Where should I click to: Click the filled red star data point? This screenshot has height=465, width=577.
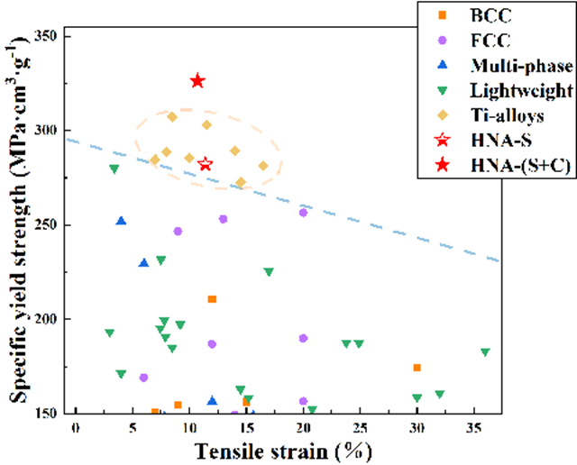(197, 81)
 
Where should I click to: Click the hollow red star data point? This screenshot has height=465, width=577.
(205, 164)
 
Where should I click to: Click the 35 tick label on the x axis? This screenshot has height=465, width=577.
(473, 426)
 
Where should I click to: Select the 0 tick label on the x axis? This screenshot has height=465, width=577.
(76, 426)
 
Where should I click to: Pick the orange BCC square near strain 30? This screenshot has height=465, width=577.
(417, 368)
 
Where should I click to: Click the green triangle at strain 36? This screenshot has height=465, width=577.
(485, 352)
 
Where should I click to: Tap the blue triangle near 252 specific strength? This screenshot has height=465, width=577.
(121, 221)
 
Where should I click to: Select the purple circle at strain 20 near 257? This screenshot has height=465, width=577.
(303, 213)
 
